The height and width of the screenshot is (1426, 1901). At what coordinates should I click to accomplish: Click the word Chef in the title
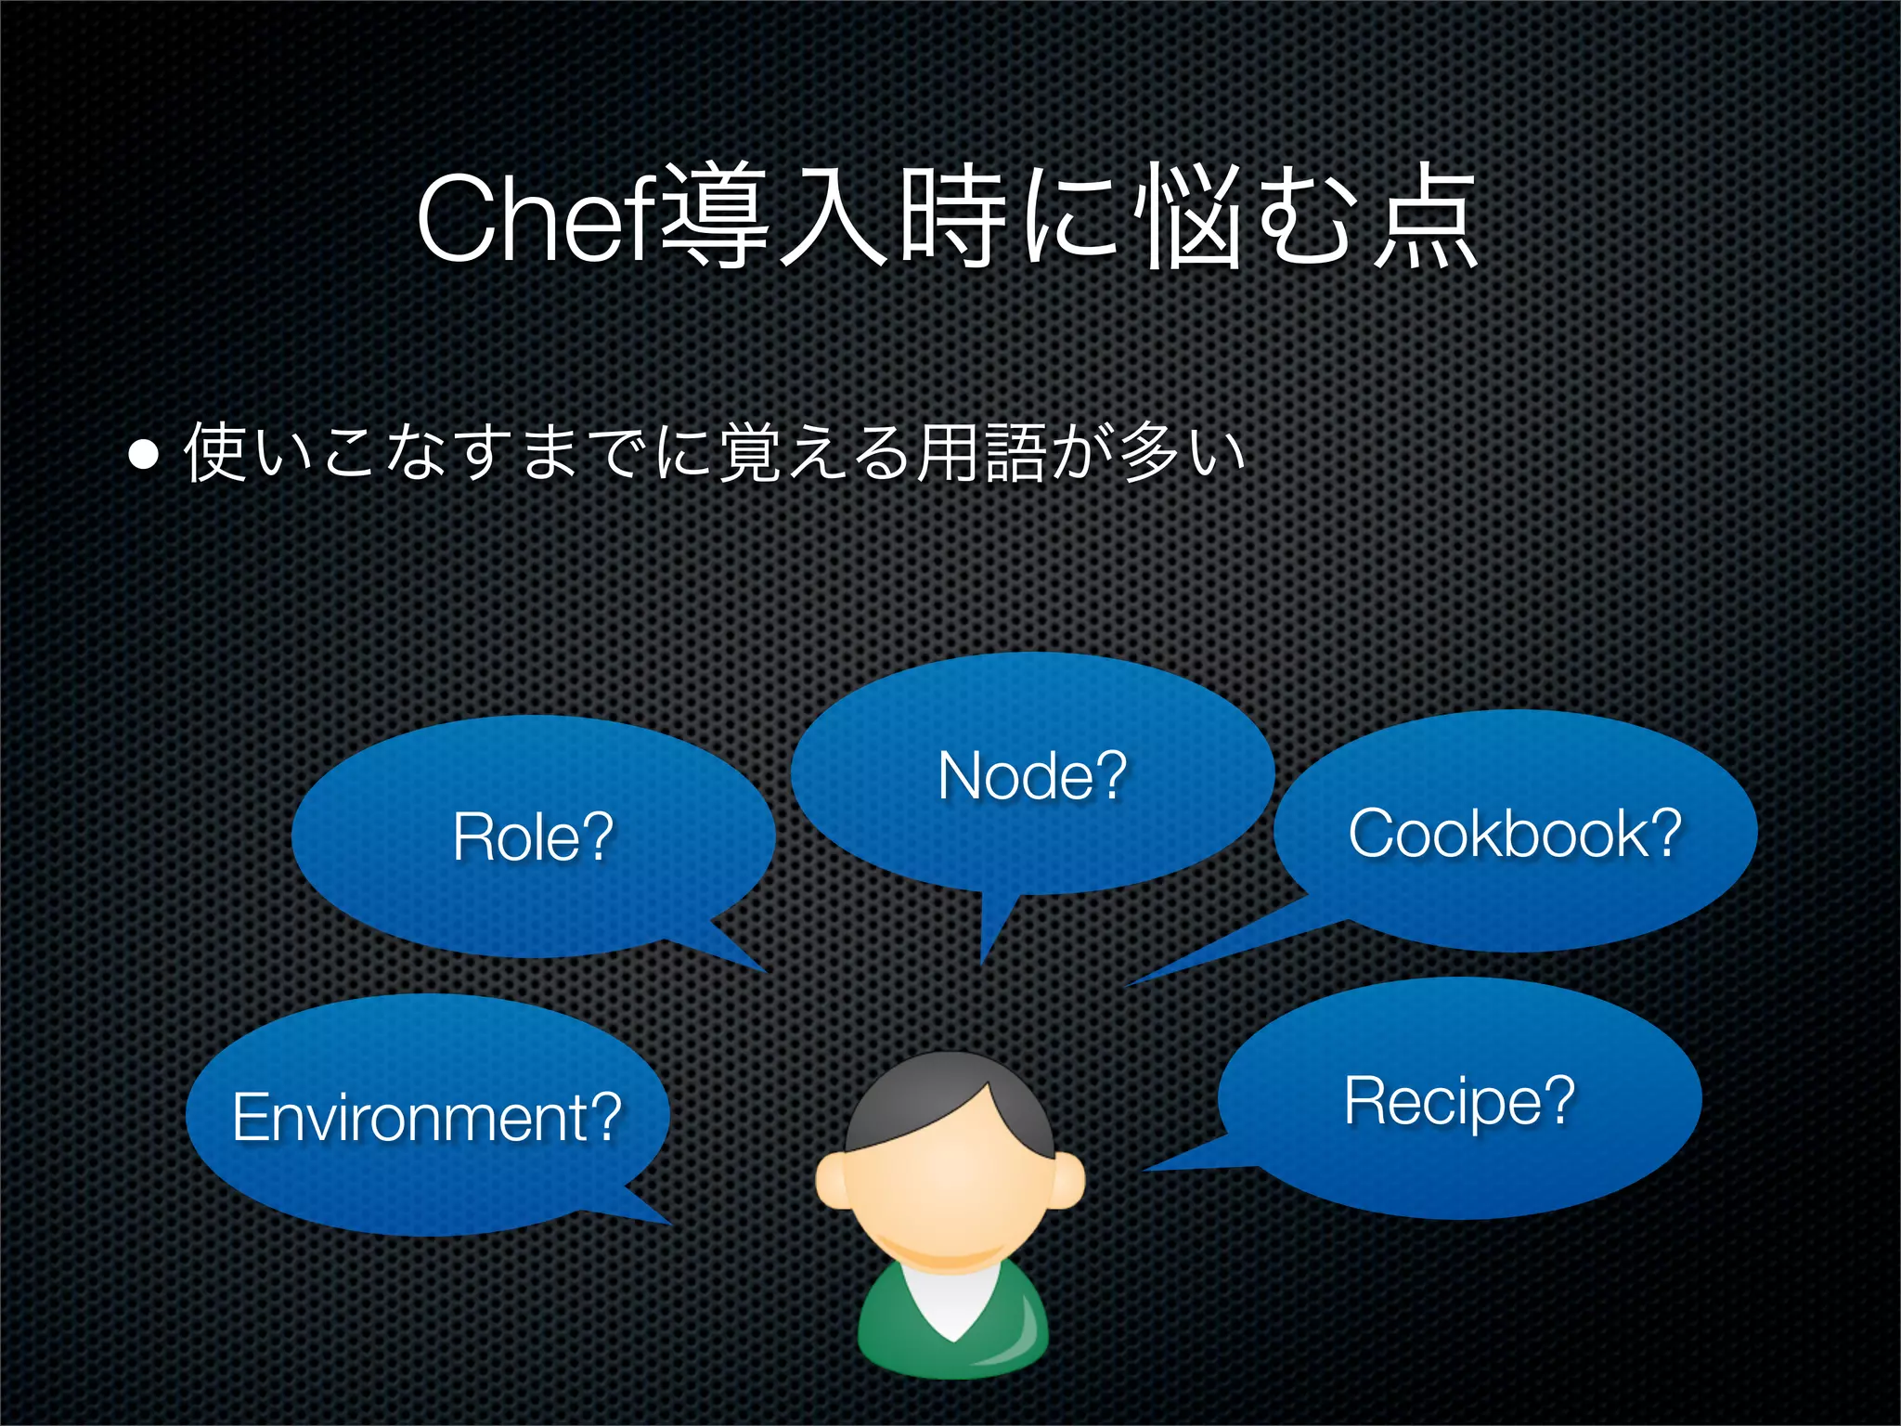pos(537,221)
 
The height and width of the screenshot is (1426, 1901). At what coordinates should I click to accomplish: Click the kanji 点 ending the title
pos(1426,221)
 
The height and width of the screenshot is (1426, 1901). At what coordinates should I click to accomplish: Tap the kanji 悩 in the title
pos(1191,221)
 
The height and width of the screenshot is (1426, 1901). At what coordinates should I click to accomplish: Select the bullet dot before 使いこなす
pos(145,455)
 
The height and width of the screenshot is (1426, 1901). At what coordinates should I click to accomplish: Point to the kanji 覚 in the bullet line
pos(748,453)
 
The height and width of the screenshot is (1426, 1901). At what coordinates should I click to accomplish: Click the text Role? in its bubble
pos(533,837)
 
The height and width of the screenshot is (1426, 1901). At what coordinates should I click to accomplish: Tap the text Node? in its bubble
pos(1032,775)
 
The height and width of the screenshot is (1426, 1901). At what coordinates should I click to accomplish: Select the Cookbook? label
pos(1515,833)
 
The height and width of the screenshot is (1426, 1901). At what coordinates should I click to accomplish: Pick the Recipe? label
pos(1459,1100)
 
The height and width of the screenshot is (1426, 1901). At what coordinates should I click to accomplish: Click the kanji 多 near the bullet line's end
pos(1149,453)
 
